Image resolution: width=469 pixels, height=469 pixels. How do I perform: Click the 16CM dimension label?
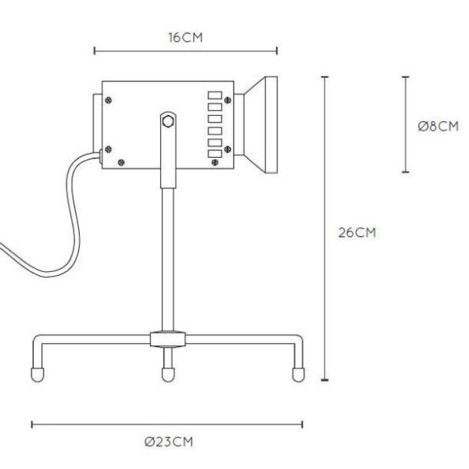pos(185,37)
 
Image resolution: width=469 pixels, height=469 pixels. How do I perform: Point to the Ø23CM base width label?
pos(167,442)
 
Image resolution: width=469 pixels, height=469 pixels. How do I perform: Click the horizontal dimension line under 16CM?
pos(185,52)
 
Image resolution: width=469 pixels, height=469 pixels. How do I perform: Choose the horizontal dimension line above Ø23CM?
pos(167,424)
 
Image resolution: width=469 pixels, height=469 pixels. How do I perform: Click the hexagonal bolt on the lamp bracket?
pos(167,121)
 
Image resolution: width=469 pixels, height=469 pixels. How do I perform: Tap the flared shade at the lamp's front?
pos(260,124)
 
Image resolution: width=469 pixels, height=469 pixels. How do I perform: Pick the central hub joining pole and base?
pos(166,338)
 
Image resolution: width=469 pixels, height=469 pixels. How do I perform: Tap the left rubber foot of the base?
pos(36,374)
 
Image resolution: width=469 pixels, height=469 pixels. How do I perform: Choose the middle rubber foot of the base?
pos(166,374)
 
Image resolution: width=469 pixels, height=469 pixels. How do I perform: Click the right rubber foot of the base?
pos(297,374)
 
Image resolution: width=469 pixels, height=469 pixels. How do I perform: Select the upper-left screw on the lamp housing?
pos(109,99)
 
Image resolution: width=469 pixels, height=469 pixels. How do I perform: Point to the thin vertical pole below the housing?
pos(166,258)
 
